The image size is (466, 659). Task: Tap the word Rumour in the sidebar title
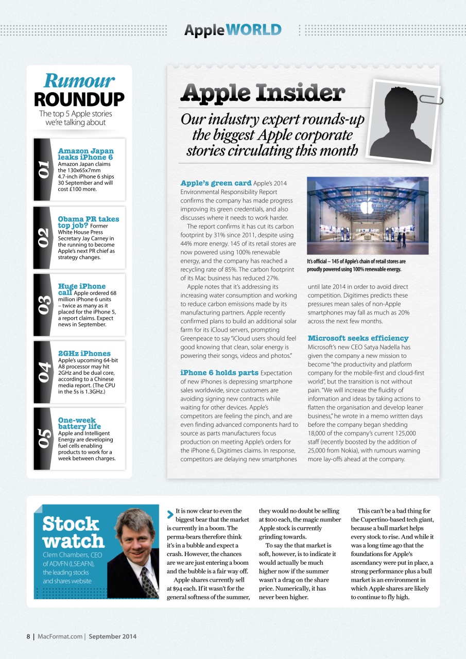coord(79,81)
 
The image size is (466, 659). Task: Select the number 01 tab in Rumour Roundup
coord(43,169)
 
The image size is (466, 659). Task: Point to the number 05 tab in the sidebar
coord(43,438)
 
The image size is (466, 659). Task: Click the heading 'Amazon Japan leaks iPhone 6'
coord(85,154)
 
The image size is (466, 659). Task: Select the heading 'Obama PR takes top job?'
coord(88,222)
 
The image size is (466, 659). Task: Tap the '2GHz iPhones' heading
coord(84,353)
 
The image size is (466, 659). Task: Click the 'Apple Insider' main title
coord(263,93)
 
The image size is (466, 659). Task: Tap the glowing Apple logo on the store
coord(367,207)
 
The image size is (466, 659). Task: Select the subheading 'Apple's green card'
coord(216,183)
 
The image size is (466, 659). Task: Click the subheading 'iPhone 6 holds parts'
coord(219,372)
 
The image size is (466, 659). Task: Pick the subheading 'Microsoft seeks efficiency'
coord(358,338)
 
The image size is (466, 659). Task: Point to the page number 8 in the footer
coord(29,636)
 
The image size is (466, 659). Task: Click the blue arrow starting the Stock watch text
coord(170,513)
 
